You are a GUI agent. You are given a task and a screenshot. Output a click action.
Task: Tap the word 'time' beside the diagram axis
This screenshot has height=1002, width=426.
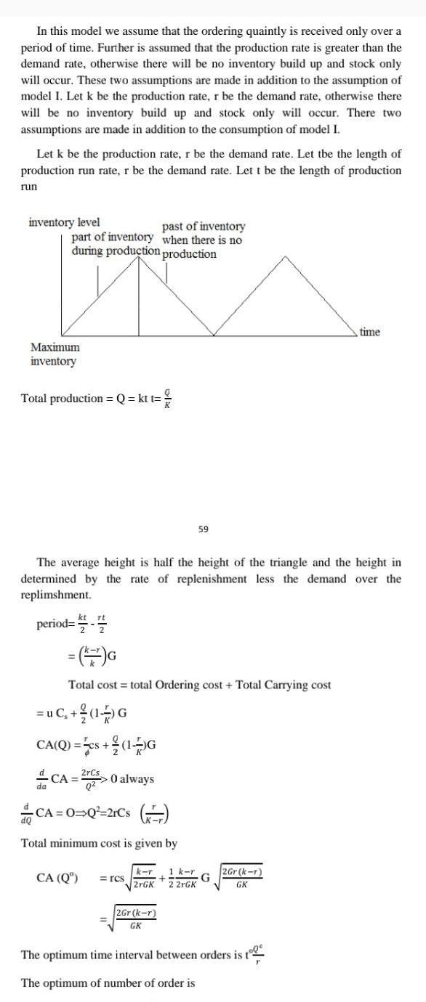pyautogui.click(x=369, y=332)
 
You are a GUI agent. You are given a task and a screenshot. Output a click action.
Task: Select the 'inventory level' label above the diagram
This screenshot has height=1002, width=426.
pyautogui.click(x=64, y=222)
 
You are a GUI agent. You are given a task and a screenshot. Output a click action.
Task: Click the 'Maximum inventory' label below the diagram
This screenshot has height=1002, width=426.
pyautogui.click(x=55, y=354)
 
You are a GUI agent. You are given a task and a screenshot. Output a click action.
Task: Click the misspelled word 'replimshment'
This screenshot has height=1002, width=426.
pyautogui.click(x=55, y=595)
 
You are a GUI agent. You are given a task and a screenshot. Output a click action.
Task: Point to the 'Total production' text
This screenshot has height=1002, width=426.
pyautogui.click(x=62, y=398)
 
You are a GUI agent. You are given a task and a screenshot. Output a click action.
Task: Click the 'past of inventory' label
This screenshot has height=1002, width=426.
pyautogui.click(x=204, y=227)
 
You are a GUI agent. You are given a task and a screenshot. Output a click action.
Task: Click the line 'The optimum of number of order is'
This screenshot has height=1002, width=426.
pyautogui.click(x=108, y=983)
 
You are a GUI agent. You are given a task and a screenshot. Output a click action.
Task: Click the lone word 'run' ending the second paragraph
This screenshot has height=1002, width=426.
pyautogui.click(x=28, y=187)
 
